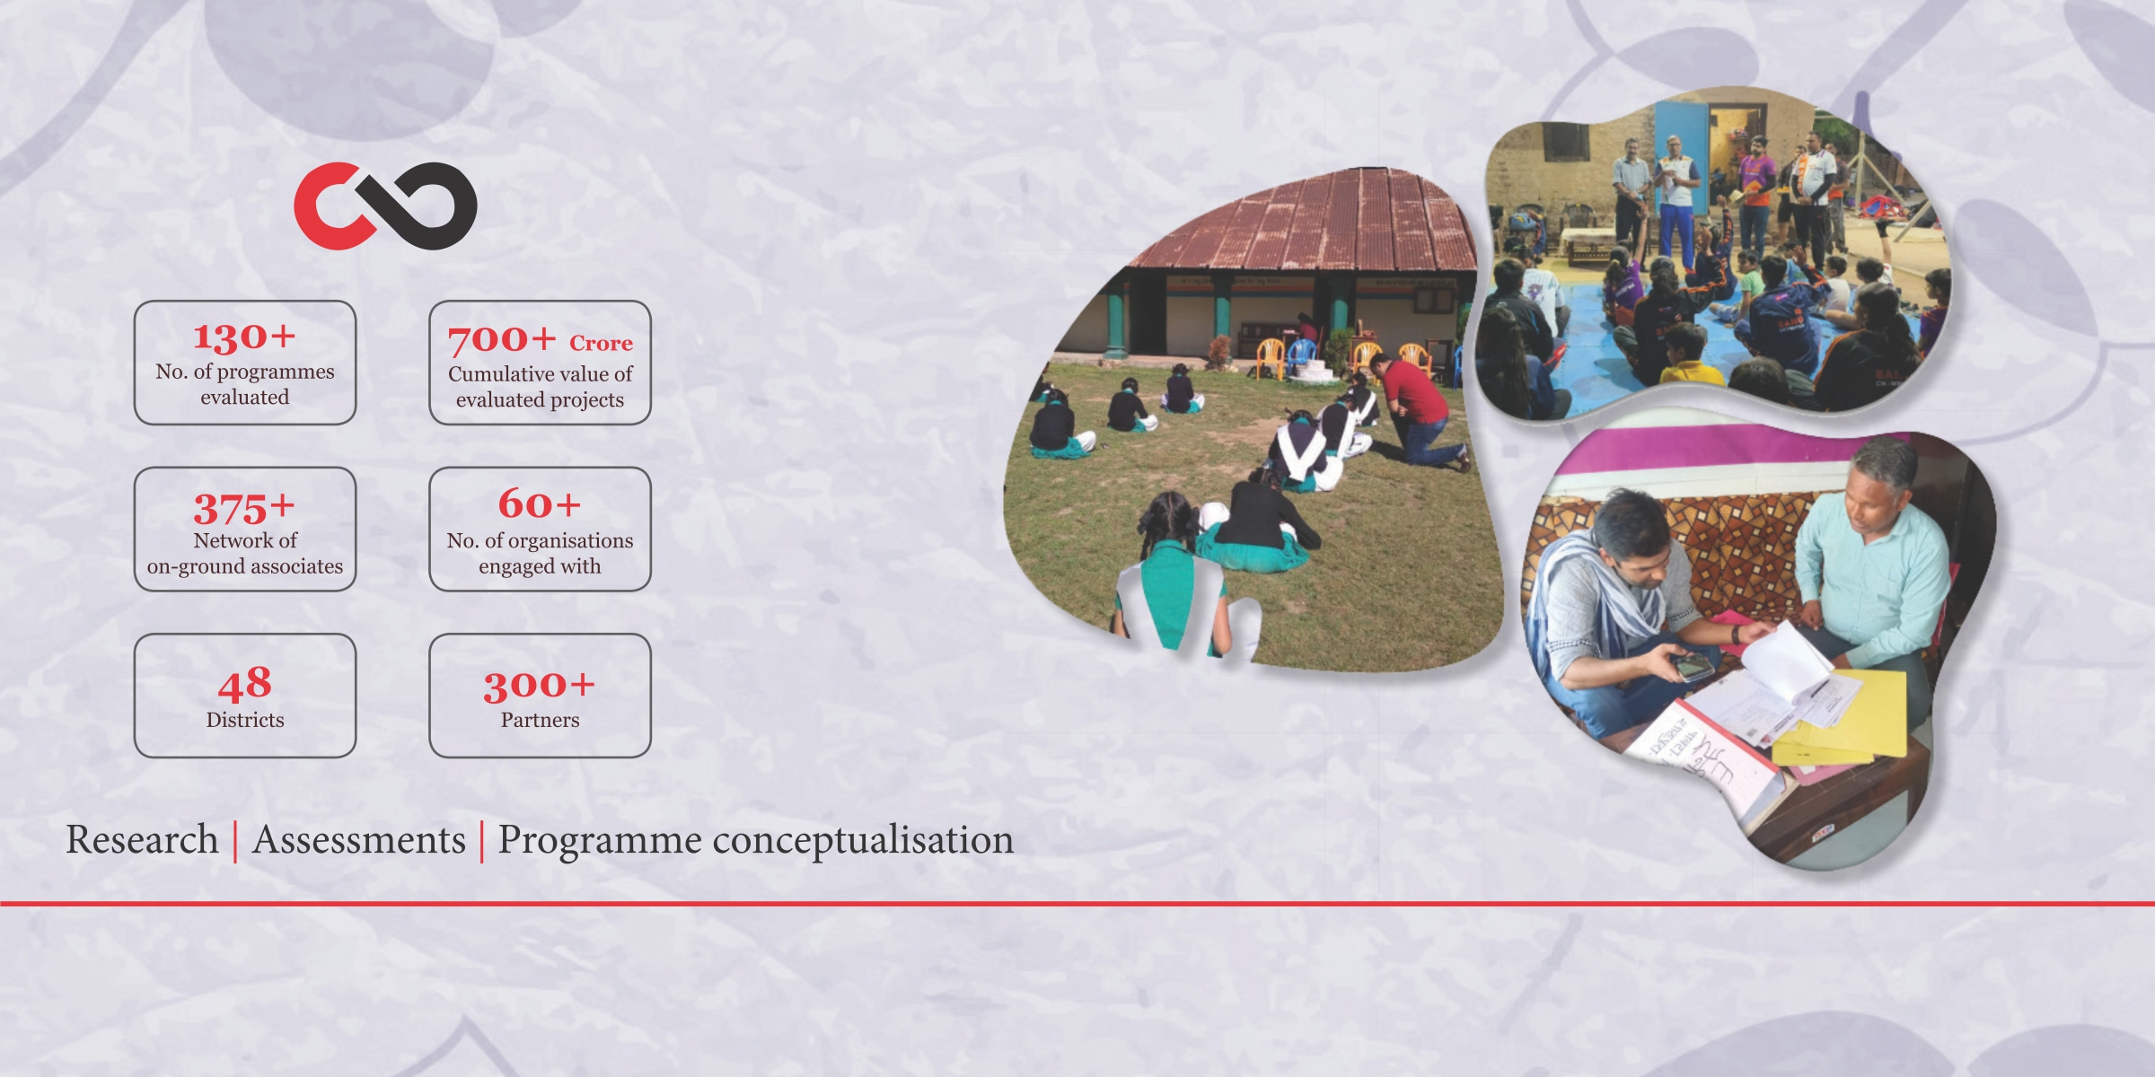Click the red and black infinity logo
385,206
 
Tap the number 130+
244,337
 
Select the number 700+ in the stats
502,339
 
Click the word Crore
601,343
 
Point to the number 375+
244,508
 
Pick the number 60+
540,504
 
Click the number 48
244,684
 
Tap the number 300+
540,687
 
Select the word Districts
245,720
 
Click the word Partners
540,720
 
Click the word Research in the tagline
142,840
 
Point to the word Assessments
359,840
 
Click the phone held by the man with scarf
1692,667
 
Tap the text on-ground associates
245,566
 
